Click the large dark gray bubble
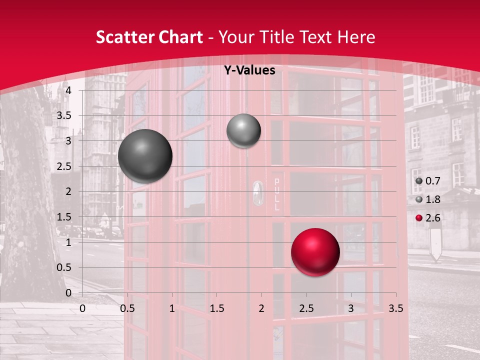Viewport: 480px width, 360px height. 145,156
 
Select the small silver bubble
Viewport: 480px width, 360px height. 243,131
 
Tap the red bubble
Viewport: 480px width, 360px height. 315,252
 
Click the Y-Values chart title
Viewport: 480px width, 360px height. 249,70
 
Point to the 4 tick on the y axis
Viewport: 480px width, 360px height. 68,90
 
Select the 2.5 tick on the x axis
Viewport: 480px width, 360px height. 306,308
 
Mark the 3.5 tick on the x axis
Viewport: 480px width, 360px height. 395,308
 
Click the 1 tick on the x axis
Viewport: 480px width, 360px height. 172,308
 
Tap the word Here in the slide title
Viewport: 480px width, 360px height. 356,37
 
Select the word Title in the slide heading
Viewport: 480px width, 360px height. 278,37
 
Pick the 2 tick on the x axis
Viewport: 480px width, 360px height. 261,308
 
